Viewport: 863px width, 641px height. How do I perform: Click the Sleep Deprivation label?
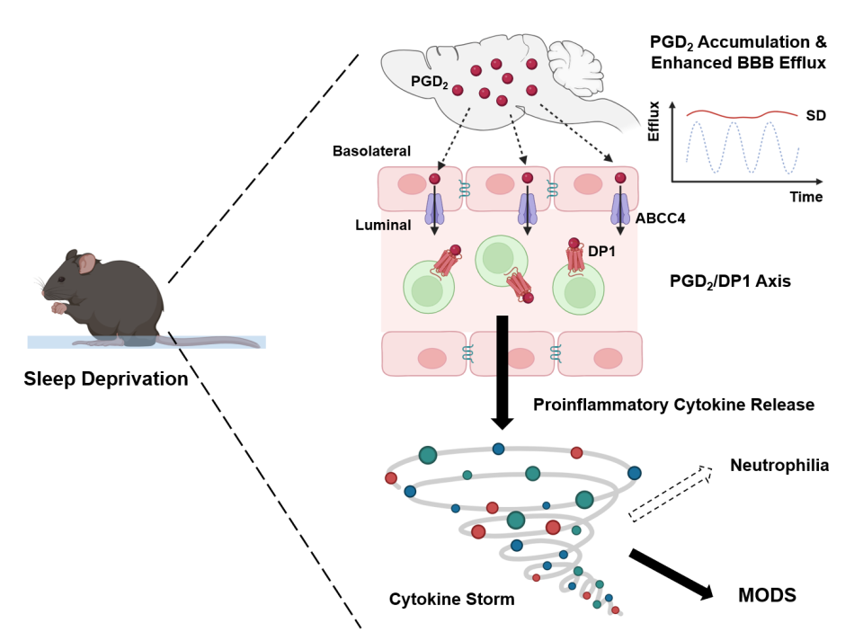pyautogui.click(x=106, y=378)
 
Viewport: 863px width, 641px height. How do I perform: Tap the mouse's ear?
pyautogui.click(x=87, y=263)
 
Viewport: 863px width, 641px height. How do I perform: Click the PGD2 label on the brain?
pyautogui.click(x=427, y=82)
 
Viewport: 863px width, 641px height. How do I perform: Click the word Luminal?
pyautogui.click(x=383, y=226)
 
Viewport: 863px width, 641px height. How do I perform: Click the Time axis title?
pyautogui.click(x=805, y=196)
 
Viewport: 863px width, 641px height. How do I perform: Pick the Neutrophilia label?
pyautogui.click(x=779, y=466)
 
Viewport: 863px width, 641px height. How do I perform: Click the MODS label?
pyautogui.click(x=767, y=595)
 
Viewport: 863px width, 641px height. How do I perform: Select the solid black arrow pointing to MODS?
pyautogui.click(x=670, y=573)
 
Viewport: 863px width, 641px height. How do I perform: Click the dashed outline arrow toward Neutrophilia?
pyautogui.click(x=669, y=493)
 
